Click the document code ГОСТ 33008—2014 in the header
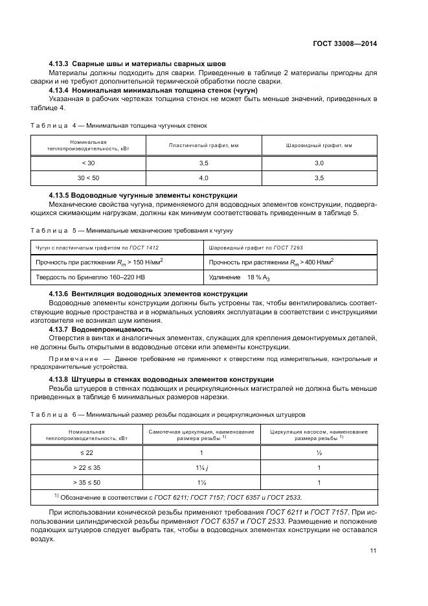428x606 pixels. [344, 43]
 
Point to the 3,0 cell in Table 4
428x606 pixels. [319, 164]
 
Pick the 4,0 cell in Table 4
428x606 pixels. [203, 177]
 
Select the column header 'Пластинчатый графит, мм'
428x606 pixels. [203, 146]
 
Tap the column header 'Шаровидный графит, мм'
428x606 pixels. [319, 146]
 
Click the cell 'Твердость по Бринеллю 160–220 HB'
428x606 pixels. [87, 277]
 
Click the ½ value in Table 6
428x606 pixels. [319, 453]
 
